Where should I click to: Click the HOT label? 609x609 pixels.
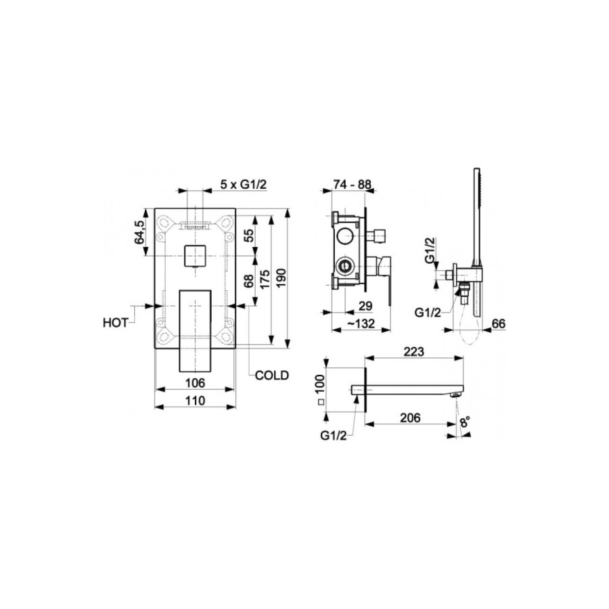click(x=115, y=323)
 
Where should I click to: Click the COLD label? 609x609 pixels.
click(x=272, y=376)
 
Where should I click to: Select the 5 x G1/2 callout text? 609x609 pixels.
click(x=244, y=185)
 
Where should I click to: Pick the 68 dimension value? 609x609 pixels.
click(x=248, y=280)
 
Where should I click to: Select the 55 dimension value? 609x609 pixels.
click(x=248, y=235)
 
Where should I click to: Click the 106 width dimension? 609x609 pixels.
click(x=195, y=383)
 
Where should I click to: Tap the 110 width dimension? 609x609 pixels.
click(x=195, y=400)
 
